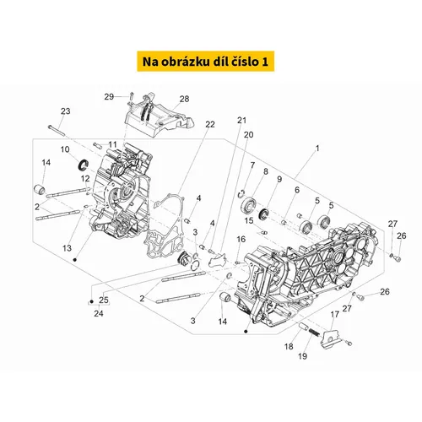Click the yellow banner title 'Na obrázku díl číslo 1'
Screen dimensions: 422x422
point(205,62)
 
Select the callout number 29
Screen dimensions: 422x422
point(109,97)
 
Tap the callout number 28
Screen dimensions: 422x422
point(184,99)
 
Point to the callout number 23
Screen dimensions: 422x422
point(66,111)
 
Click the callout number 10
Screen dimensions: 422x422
point(65,149)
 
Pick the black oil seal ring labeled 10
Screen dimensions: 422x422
point(84,165)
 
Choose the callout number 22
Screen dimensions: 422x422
point(210,124)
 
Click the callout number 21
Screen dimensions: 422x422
point(241,120)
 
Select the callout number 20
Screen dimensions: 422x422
point(248,135)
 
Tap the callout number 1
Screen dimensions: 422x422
point(317,149)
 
